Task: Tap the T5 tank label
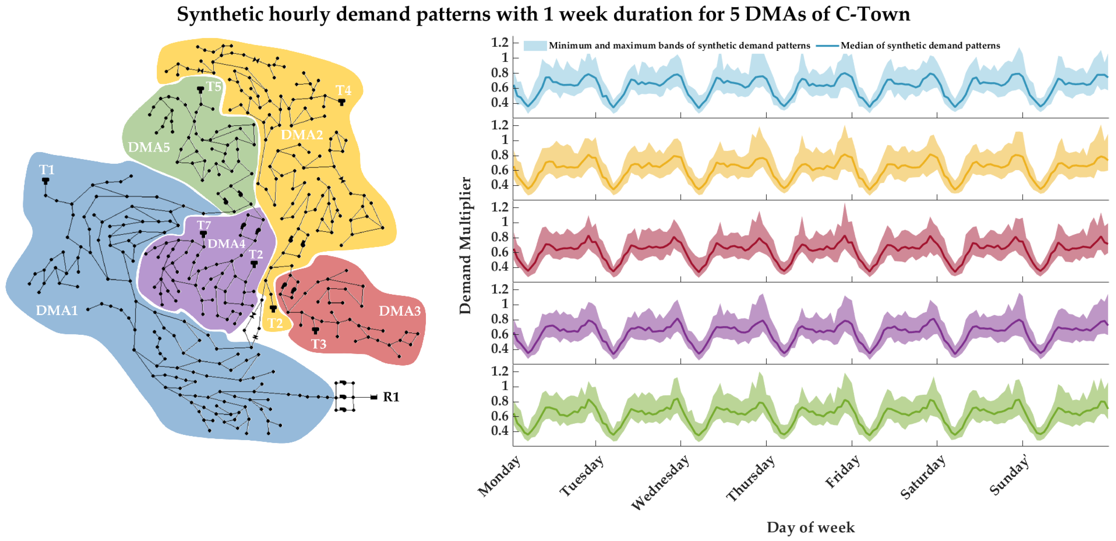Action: pyautogui.click(x=213, y=87)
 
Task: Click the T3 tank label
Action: pyautogui.click(x=319, y=344)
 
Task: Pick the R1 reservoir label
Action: pyautogui.click(x=391, y=397)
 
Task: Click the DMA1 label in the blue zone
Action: pyautogui.click(x=57, y=310)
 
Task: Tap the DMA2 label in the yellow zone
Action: pyautogui.click(x=302, y=135)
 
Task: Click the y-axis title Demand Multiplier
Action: pyautogui.click(x=465, y=245)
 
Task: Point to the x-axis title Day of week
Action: pyautogui.click(x=811, y=527)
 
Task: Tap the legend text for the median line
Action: pyautogui.click(x=920, y=46)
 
